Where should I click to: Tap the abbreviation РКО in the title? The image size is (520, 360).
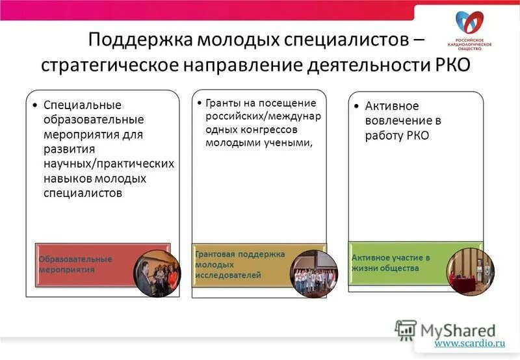point(448,66)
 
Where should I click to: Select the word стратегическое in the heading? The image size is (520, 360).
point(111,66)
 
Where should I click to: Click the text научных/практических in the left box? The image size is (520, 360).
point(108,164)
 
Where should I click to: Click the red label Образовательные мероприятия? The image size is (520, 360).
point(75,264)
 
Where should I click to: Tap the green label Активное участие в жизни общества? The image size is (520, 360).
point(391,263)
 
